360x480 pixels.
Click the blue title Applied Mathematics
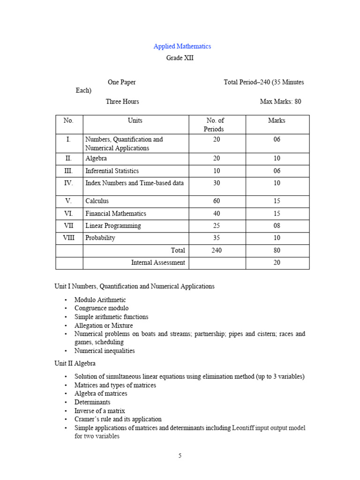(182, 46)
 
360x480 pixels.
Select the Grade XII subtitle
(180, 58)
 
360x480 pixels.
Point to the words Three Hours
(122, 101)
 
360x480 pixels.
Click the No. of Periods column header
(215, 125)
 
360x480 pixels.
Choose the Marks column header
(277, 120)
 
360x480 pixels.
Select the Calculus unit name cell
(97, 201)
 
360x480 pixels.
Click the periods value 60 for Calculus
(216, 201)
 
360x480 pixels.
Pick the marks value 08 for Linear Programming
(277, 226)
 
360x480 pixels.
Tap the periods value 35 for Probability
(216, 238)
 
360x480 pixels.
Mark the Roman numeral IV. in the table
(68, 183)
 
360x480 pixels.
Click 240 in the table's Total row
(216, 251)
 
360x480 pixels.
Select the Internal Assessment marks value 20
(277, 263)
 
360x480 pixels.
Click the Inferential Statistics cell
(112, 171)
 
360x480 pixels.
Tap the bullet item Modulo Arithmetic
(100, 300)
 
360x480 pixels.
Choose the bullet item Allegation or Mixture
(103, 325)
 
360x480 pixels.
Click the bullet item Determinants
(92, 402)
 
